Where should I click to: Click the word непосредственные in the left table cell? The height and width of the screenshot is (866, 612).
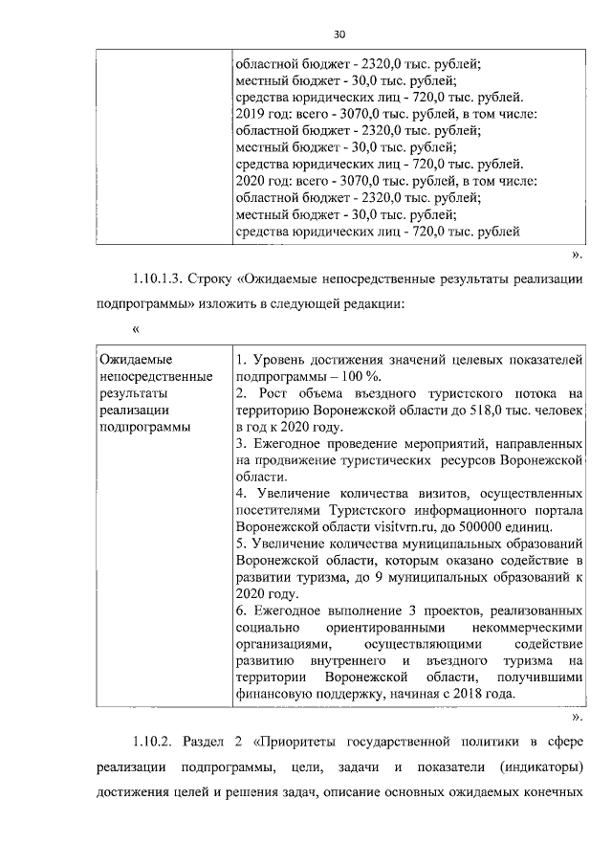click(x=154, y=376)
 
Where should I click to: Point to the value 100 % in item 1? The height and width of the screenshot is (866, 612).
click(x=350, y=376)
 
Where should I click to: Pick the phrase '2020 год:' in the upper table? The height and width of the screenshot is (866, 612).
click(x=263, y=180)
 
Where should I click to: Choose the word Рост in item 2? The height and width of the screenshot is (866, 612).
click(x=268, y=393)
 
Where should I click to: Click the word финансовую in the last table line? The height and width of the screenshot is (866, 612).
click(x=275, y=694)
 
